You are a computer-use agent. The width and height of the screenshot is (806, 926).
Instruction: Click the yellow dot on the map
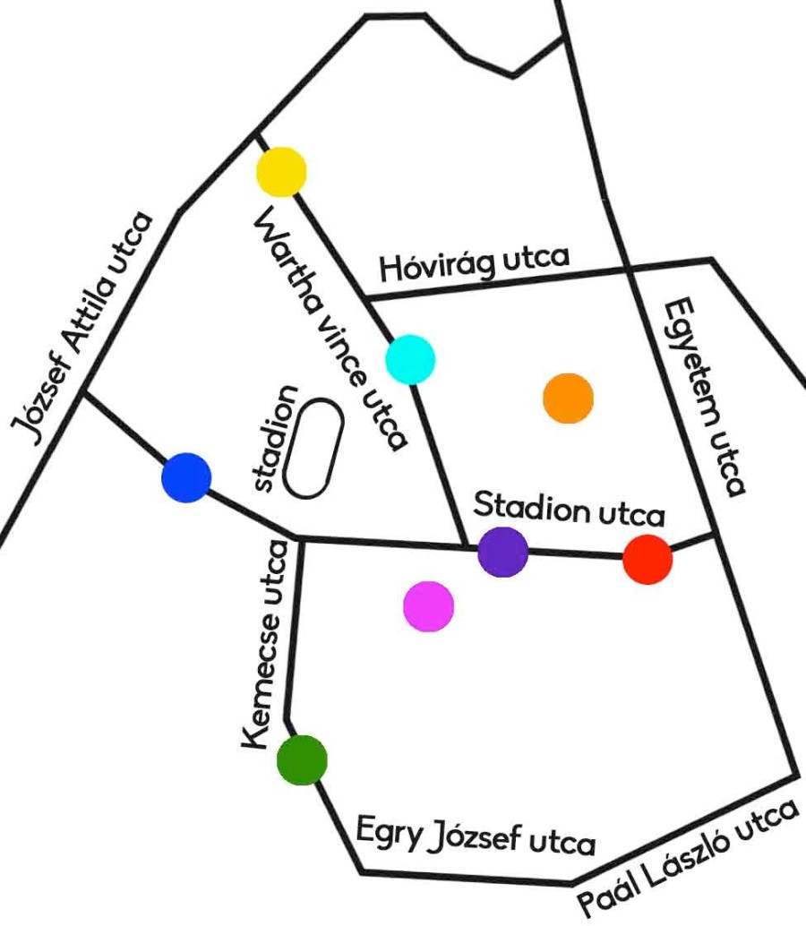282,172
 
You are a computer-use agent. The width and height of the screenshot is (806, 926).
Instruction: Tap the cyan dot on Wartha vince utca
410,359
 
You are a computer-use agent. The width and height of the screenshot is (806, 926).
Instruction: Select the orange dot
569,399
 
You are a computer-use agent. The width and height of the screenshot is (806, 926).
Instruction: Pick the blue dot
186,477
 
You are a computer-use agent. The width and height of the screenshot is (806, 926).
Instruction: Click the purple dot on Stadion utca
502,553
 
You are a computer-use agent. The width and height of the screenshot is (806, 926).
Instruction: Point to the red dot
647,559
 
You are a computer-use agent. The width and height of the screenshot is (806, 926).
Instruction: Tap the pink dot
429,606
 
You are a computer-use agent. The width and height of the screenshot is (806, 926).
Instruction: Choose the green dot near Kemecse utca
302,759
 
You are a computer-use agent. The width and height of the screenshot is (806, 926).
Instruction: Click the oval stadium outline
313,449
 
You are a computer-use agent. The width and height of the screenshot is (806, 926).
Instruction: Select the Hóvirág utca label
475,263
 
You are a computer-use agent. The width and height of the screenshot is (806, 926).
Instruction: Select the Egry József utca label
476,836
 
